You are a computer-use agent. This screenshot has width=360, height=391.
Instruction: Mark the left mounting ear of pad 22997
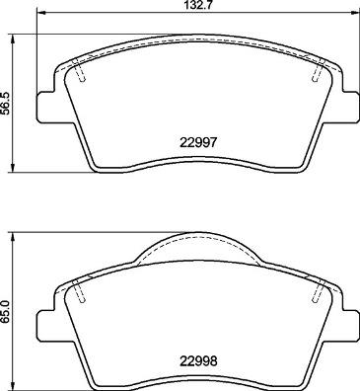point(45,105)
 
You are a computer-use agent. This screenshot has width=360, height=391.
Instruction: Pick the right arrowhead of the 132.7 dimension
point(355,16)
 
